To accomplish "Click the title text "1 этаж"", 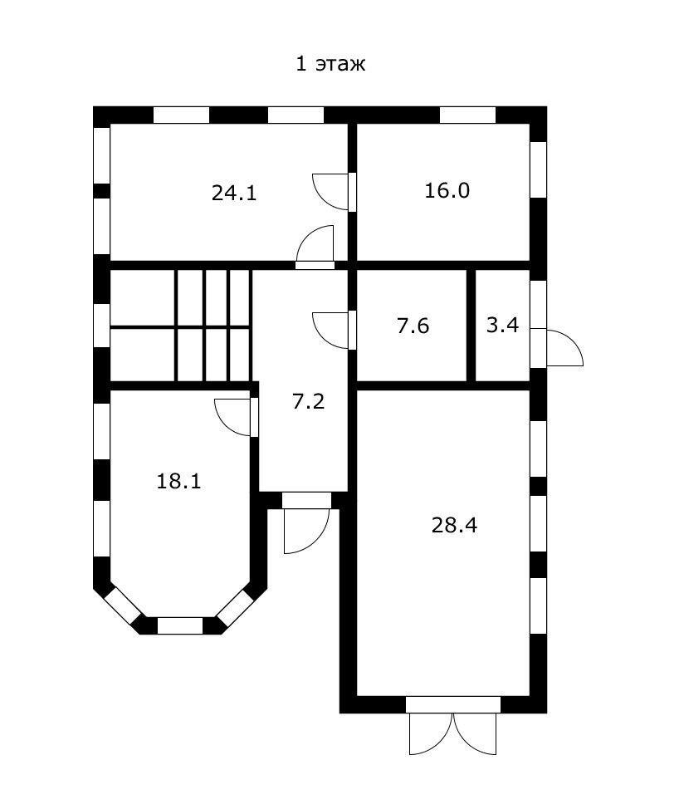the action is [330, 64].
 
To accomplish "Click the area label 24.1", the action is [234, 194].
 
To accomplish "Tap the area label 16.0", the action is [447, 191].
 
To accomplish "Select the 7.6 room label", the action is [413, 326].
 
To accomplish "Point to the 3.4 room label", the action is [502, 326].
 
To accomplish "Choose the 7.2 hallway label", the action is [309, 401].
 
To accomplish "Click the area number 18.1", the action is [178, 482].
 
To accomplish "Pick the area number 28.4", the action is [454, 526].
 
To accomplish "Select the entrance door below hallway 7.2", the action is [306, 523].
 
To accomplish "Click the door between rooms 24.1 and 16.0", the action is [335, 192].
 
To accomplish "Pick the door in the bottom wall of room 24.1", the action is [315, 248].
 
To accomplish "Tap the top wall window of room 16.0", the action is [468, 115].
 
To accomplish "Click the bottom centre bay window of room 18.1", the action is [180, 626].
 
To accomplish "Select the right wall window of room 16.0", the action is [538, 169].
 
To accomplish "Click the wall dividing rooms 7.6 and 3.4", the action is [471, 326].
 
